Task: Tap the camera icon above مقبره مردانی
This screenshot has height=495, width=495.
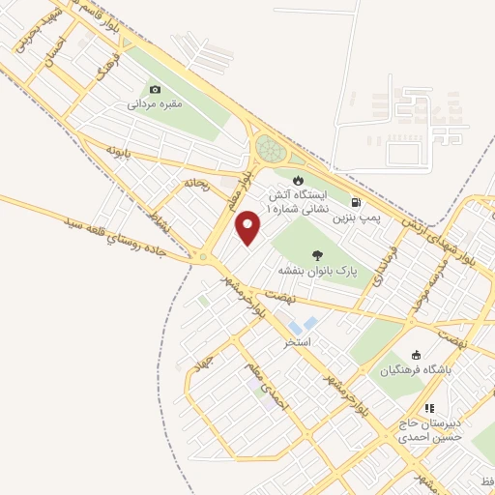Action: click(155, 90)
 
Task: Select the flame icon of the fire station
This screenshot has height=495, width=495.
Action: click(298, 180)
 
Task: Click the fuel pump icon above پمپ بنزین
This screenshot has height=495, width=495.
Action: click(356, 203)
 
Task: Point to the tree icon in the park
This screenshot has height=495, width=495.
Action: click(317, 255)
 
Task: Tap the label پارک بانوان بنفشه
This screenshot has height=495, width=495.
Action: click(312, 271)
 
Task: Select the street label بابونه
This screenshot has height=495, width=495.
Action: click(118, 152)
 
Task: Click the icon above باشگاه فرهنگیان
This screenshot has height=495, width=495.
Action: click(416, 354)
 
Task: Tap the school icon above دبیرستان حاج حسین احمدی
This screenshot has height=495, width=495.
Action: click(429, 409)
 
